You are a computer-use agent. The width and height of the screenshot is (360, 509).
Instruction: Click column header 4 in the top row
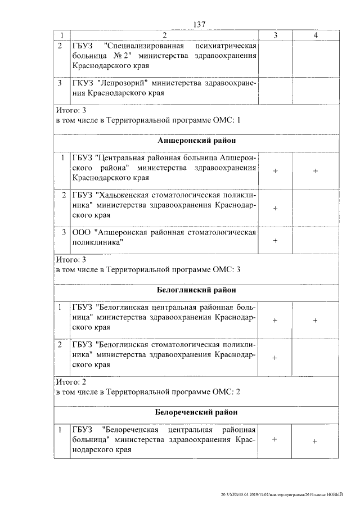pos(316,35)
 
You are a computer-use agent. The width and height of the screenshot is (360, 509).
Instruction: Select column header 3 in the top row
pos(276,35)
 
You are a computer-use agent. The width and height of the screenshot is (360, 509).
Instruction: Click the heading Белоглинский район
pos(196,290)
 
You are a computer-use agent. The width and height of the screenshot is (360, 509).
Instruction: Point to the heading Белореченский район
pos(196,412)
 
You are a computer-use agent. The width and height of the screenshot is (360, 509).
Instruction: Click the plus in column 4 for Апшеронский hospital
pos(316,171)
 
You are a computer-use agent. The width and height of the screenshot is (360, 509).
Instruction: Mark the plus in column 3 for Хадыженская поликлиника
pos(276,208)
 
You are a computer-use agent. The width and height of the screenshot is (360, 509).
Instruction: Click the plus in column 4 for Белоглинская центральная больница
pos(316,320)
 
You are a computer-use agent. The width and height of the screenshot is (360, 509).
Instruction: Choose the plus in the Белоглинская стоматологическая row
pos(276,357)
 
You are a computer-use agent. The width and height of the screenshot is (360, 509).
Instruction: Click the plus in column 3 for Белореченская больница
pos(275,440)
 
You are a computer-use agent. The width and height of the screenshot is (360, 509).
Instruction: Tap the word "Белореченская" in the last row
pos(133,430)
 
